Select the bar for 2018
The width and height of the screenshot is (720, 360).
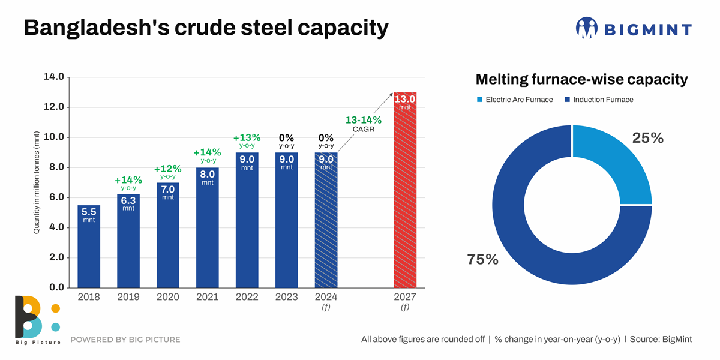pyautogui.click(x=89, y=246)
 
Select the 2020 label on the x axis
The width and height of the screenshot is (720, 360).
pyautogui.click(x=168, y=297)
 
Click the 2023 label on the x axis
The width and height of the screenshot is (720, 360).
pyautogui.click(x=287, y=297)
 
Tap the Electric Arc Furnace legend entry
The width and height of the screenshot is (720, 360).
pyautogui.click(x=514, y=100)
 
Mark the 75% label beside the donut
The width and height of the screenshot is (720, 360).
pyautogui.click(x=482, y=259)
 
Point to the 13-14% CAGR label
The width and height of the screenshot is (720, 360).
pyautogui.click(x=364, y=124)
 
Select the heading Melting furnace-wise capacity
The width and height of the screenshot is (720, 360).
pyautogui.click(x=581, y=79)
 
